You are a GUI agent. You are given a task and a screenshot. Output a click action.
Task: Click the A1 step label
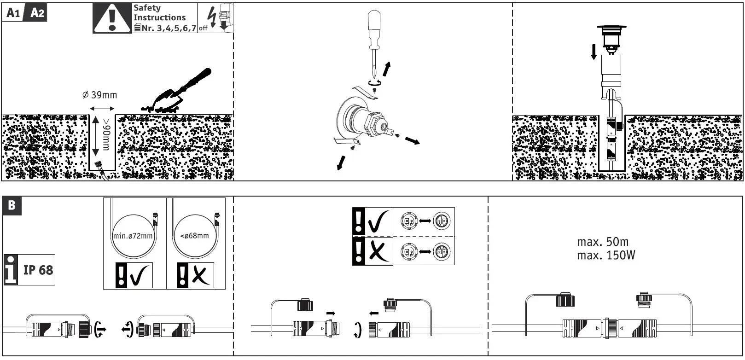[13, 13]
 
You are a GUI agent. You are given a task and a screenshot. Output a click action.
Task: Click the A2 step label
[37, 13]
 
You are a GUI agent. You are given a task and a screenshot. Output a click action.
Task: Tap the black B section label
[12, 205]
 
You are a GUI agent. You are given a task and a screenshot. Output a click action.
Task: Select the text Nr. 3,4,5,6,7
[169, 28]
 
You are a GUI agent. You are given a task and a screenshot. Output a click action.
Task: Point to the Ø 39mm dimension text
[99, 95]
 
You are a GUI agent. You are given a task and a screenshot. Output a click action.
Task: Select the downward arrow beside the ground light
[594, 52]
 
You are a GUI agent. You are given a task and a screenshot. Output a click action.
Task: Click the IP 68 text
[38, 270]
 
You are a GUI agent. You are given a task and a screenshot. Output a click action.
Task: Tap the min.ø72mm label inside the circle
[133, 236]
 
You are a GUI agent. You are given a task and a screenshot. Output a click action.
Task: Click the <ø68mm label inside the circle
[195, 236]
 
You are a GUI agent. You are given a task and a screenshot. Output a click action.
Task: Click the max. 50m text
[602, 242]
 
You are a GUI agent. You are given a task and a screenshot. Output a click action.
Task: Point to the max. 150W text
[606, 255]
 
